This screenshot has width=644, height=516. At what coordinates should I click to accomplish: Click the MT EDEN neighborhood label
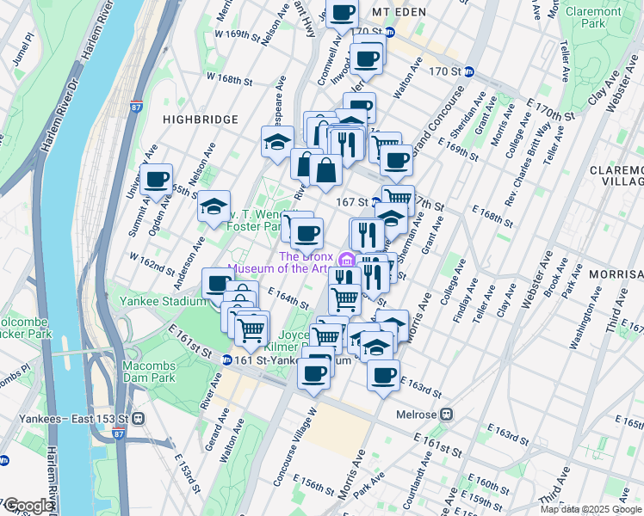[400, 13]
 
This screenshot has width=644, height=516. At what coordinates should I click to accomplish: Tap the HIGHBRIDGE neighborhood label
[196, 119]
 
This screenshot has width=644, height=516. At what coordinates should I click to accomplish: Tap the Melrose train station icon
[447, 414]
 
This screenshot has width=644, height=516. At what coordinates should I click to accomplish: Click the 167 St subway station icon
[376, 202]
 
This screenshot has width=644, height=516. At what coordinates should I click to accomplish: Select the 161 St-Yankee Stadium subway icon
[226, 359]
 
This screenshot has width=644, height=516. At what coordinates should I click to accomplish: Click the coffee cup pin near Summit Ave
[157, 180]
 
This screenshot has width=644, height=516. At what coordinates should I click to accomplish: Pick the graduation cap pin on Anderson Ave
[214, 206]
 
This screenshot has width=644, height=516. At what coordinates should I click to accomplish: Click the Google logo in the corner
[28, 506]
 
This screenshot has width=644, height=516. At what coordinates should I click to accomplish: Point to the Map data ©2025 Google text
[590, 509]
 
